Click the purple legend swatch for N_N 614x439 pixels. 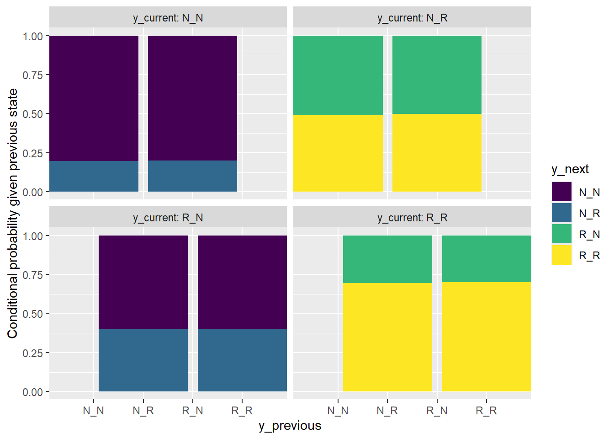pyautogui.click(x=561, y=192)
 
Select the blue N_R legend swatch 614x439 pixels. pyautogui.click(x=561, y=213)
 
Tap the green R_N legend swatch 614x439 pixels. pyautogui.click(x=561, y=234)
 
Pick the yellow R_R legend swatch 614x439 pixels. pyautogui.click(x=561, y=255)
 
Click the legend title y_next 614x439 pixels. pyautogui.click(x=570, y=169)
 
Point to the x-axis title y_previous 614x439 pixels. pyautogui.click(x=290, y=426)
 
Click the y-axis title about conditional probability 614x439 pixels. pyautogui.click(x=12, y=213)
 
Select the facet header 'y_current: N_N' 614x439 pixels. pyautogui.click(x=168, y=18)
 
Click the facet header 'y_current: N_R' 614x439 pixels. pyautogui.click(x=412, y=18)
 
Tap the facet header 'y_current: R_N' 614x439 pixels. pyautogui.click(x=168, y=218)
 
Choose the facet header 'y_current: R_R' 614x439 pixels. pyautogui.click(x=412, y=218)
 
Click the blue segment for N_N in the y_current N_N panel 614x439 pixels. pyautogui.click(x=94, y=176)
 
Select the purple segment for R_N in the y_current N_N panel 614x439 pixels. pyautogui.click(x=192, y=98)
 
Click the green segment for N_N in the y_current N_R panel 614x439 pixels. pyautogui.click(x=338, y=75)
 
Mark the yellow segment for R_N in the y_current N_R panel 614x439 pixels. pyautogui.click(x=437, y=153)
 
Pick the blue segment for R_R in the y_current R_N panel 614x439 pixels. pyautogui.click(x=242, y=360)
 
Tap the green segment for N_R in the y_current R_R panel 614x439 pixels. pyautogui.click(x=387, y=259)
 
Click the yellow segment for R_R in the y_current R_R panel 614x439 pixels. pyautogui.click(x=487, y=337)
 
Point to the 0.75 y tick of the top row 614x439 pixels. pyautogui.click(x=33, y=75)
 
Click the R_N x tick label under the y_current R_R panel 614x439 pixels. pyautogui.click(x=437, y=411)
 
